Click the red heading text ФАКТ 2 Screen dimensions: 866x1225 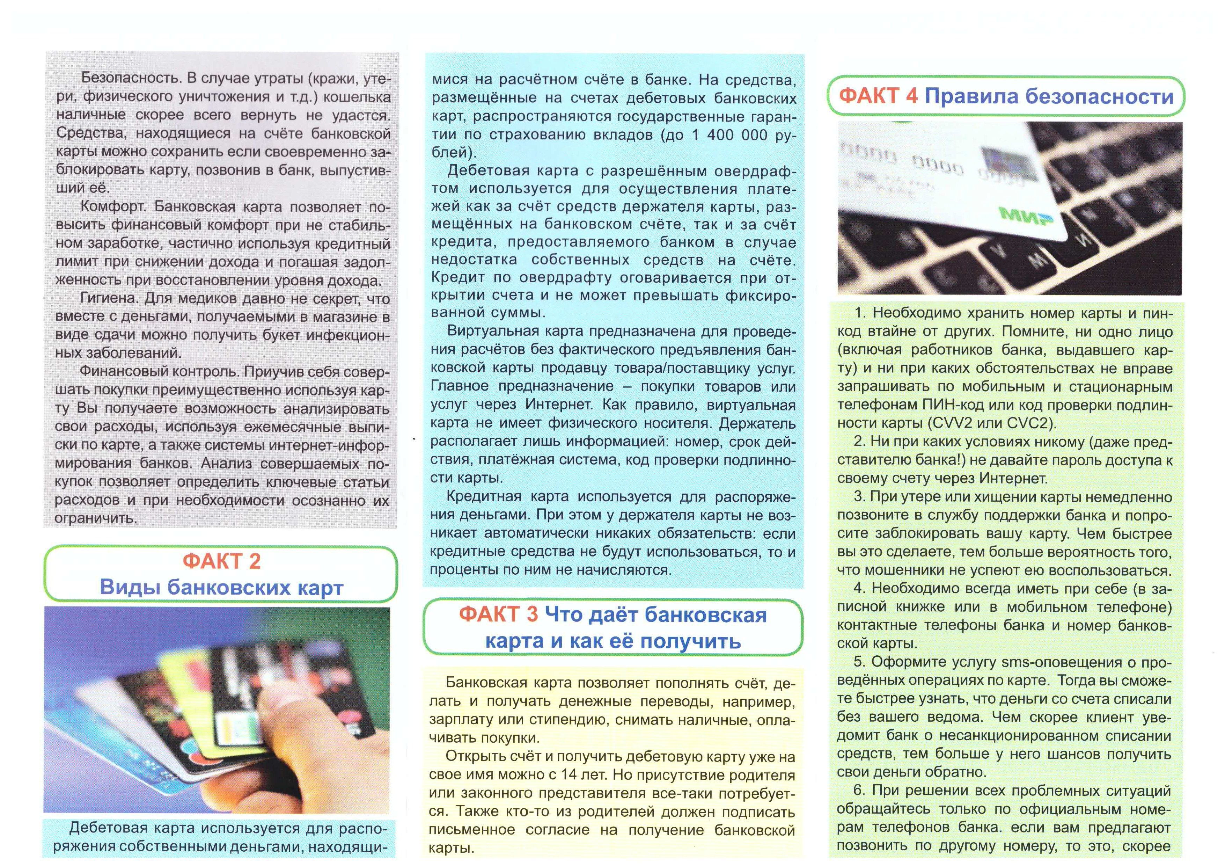pos(221,561)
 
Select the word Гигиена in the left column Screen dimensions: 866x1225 pos(109,298)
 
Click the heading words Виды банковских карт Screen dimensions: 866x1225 pos(221,588)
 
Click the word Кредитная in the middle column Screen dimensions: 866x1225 pos(483,497)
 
